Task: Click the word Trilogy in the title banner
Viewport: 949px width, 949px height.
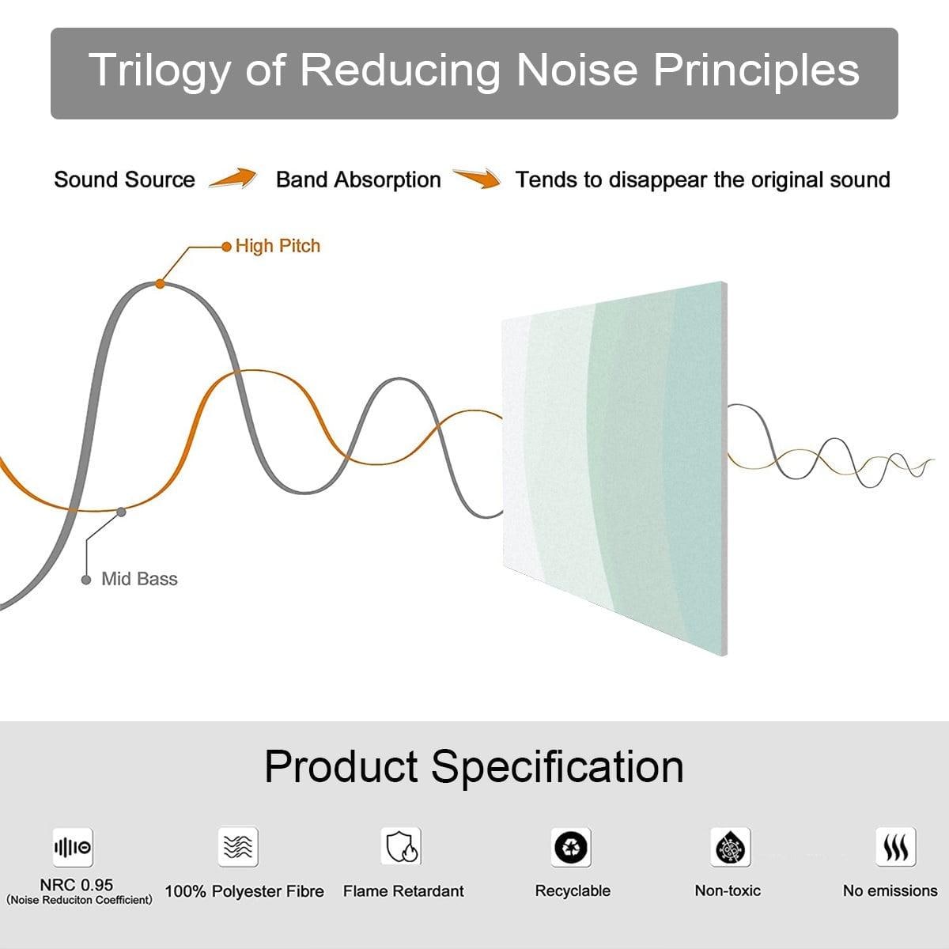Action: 160,71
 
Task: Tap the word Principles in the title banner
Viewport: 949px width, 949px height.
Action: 756,71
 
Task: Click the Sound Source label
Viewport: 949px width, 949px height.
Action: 125,180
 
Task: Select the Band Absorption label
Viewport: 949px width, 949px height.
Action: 358,180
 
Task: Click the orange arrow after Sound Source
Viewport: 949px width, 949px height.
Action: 233,178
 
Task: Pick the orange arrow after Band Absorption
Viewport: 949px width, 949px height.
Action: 477,178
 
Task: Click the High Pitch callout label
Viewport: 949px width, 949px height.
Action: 278,246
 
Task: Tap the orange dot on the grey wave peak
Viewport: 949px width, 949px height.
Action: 160,284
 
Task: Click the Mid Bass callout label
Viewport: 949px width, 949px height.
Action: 139,579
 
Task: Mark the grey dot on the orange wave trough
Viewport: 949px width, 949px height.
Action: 121,512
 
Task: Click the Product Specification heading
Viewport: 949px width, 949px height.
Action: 474,766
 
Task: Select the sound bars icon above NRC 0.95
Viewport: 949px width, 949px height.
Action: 73,847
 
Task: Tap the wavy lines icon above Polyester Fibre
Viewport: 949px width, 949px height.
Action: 238,846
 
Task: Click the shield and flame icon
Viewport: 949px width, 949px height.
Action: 402,846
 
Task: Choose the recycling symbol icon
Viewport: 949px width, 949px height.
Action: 571,847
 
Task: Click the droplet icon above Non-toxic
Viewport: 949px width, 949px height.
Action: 731,847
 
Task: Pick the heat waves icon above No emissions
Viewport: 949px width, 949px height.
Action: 896,847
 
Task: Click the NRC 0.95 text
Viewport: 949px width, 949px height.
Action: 77,885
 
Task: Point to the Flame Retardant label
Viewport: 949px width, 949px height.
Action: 403,891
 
